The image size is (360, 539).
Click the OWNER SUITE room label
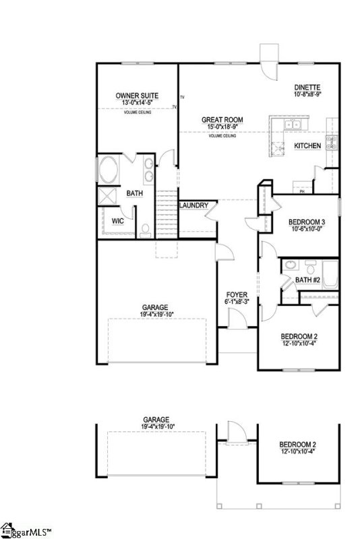[137, 96]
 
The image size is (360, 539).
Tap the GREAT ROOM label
[222, 120]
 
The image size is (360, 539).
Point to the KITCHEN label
[307, 146]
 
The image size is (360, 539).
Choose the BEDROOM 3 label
[307, 222]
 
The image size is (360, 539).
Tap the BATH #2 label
[307, 280]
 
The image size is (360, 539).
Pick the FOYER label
[237, 294]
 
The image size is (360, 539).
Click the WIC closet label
[117, 220]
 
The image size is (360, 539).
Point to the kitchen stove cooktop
[332, 141]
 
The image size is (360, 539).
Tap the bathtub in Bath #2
[331, 273]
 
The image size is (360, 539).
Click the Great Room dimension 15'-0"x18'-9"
[222, 127]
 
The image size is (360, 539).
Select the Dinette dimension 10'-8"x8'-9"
[307, 95]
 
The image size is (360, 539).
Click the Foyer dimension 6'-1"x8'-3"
[237, 302]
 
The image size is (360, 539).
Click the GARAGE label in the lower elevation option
[155, 418]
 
